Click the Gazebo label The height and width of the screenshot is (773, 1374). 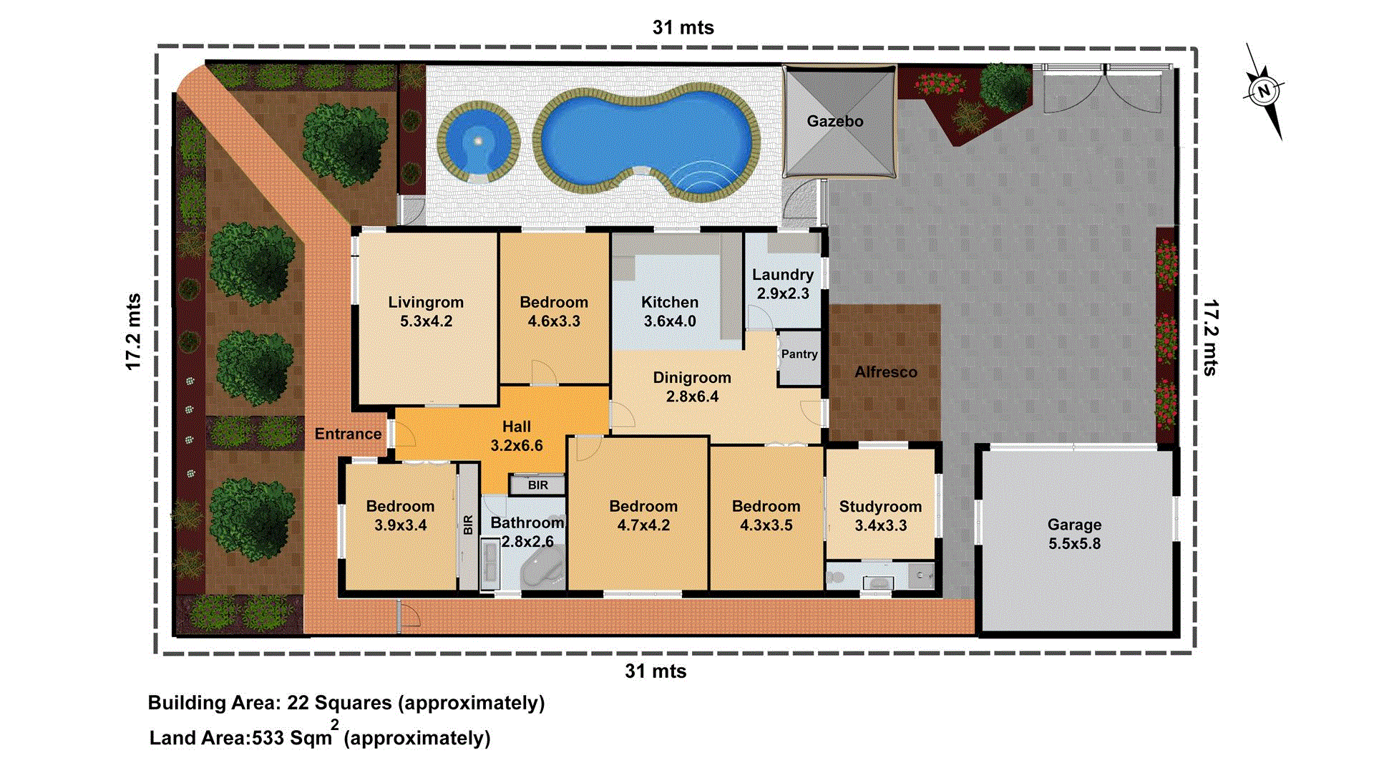tap(834, 122)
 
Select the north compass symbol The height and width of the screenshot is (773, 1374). tap(1265, 91)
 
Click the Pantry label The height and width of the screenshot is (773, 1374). tap(799, 354)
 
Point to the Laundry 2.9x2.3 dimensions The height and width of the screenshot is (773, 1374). tap(783, 293)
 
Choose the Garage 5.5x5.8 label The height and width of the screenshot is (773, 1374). tap(1074, 534)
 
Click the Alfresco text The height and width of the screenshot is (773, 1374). tap(885, 372)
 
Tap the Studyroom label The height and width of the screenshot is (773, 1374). tap(880, 507)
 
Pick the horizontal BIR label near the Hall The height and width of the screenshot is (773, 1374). tap(537, 485)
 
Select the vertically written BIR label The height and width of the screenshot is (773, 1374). tap(468, 525)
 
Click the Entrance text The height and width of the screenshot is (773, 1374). tap(348, 434)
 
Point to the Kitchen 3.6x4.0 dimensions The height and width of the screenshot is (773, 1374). tap(669, 321)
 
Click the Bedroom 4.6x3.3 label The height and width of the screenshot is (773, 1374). tap(553, 311)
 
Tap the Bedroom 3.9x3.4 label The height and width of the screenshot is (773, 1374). tap(400, 515)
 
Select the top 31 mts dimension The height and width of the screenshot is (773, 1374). tap(683, 28)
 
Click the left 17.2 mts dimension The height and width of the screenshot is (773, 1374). tap(133, 332)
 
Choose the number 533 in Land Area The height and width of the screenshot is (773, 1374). tap(268, 738)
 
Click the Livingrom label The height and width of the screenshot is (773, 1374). tap(426, 303)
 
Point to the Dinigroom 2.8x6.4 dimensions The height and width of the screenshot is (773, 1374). tap(692, 397)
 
